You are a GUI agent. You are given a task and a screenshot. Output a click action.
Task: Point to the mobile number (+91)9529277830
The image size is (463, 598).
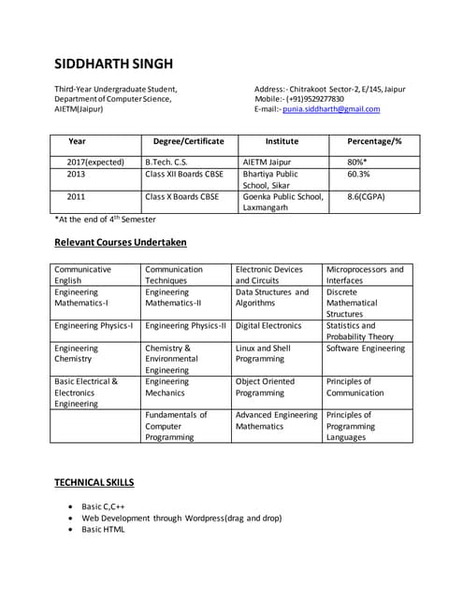pyautogui.click(x=313, y=99)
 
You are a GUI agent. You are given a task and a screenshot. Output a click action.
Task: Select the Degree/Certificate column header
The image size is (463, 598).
pyautogui.click(x=188, y=141)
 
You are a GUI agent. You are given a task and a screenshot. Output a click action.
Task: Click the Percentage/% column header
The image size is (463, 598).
pyautogui.click(x=374, y=141)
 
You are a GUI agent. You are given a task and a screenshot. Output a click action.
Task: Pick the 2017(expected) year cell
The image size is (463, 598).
pyautogui.click(x=95, y=162)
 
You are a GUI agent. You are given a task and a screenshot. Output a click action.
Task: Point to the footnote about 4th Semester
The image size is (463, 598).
pyautogui.click(x=105, y=220)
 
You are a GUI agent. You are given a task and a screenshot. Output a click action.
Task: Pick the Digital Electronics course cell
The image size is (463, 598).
pyautogui.click(x=268, y=326)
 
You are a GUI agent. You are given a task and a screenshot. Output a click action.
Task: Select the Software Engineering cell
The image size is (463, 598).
pyautogui.click(x=365, y=349)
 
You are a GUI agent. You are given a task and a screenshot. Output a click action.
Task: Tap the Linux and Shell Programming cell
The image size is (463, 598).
pyautogui.click(x=265, y=354)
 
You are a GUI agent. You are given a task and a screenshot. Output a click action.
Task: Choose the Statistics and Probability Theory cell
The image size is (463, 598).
pyautogui.click(x=360, y=332)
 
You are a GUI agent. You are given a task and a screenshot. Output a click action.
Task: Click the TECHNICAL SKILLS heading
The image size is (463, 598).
pyautogui.click(x=94, y=483)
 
